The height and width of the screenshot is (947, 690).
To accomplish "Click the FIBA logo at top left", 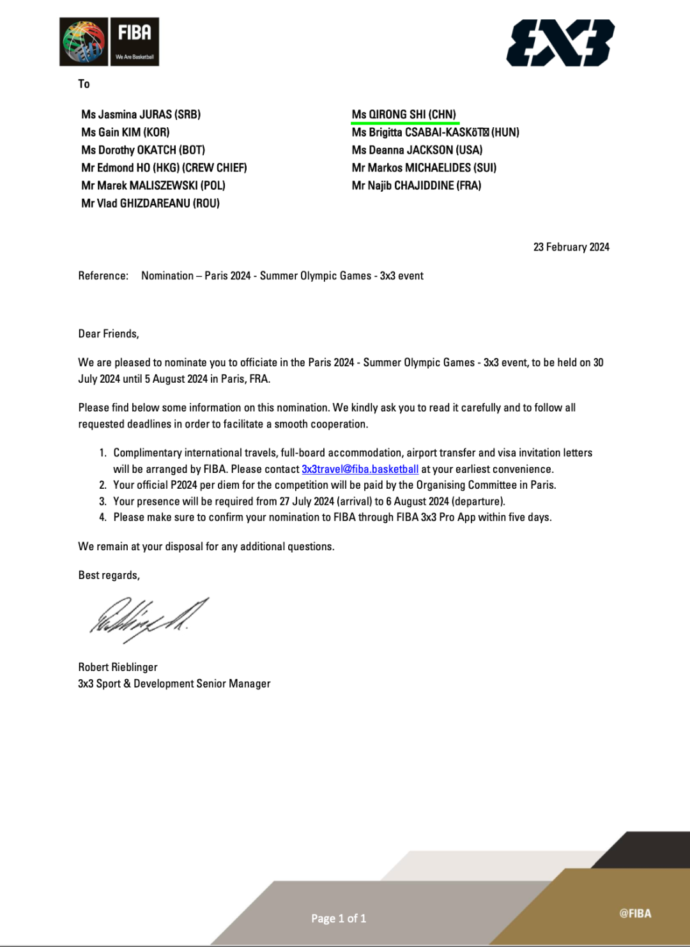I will tap(109, 42).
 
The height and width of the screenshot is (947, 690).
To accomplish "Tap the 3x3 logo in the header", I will tap(560, 43).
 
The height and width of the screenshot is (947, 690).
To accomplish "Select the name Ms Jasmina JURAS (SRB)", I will tap(141, 114).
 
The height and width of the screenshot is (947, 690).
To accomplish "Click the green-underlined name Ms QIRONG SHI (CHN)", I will tap(404, 114).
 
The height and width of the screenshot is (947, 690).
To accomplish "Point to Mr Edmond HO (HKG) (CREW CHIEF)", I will tap(164, 168).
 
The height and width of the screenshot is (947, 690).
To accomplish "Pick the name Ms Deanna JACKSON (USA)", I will tap(417, 150).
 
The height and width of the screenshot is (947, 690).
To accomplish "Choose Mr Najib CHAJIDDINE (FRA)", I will tap(416, 186).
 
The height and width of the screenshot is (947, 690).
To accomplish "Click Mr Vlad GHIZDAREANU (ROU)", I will tap(150, 204).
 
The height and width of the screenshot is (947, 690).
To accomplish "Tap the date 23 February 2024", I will tap(571, 247).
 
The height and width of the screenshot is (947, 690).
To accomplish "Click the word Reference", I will tap(103, 276).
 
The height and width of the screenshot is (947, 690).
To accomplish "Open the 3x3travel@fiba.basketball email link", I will tap(360, 469).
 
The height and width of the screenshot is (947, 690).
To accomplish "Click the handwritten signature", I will tap(148, 619).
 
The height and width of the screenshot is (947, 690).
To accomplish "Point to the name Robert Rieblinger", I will tap(118, 667).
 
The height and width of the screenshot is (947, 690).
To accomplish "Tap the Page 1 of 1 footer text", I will tap(339, 918).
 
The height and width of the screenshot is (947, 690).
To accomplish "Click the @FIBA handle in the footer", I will tap(635, 914).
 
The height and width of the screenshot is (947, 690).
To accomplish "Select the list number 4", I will tap(103, 518).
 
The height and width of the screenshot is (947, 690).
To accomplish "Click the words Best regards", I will tap(109, 575).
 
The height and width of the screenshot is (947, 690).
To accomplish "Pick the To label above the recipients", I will tap(84, 84).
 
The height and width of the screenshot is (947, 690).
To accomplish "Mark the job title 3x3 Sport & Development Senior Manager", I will tap(174, 684).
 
